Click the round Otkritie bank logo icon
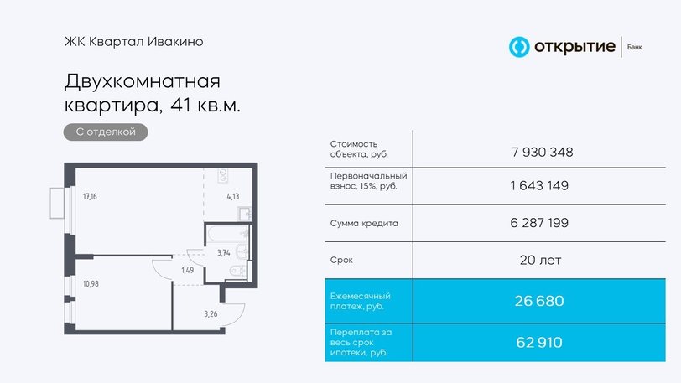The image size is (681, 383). tap(519, 47)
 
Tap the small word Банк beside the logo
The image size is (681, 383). tap(635, 47)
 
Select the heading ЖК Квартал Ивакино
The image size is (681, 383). tap(134, 42)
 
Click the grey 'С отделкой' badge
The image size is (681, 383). tap(106, 132)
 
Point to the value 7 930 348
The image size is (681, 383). tap(543, 152)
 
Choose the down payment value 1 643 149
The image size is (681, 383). tap(539, 185)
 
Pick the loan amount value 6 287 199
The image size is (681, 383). tap(539, 223)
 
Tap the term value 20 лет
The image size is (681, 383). tap(540, 260)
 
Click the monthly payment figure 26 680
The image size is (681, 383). tap(539, 301)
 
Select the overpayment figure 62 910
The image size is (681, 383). tap(539, 343)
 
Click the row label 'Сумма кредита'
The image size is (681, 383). tap(364, 223)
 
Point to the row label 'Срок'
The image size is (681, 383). tap(341, 261)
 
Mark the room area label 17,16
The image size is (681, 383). tap(90, 196)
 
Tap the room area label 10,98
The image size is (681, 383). tap(91, 284)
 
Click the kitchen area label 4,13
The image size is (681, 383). tap(233, 196)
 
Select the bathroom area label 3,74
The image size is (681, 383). tap(224, 253)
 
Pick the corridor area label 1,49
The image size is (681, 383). tap(188, 271)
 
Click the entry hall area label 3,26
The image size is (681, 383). tap(211, 314)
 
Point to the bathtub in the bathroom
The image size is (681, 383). tap(227, 233)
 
